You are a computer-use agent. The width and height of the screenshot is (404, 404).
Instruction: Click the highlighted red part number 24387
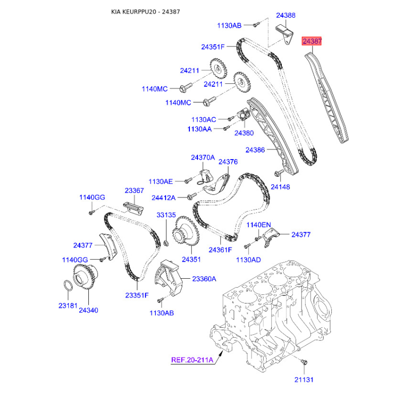click(312, 41)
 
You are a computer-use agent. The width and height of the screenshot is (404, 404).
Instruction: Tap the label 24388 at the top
click(286, 16)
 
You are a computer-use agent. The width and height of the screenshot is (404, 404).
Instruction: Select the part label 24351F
click(213, 47)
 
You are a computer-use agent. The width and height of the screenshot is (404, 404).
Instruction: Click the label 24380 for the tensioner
click(244, 133)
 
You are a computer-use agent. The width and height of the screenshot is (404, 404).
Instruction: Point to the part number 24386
click(255, 149)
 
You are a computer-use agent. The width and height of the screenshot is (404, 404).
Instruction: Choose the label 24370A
click(203, 158)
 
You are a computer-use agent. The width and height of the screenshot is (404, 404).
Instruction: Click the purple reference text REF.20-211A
click(192, 360)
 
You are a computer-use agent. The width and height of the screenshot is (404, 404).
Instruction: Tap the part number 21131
click(304, 380)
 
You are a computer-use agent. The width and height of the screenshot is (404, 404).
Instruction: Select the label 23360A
click(204, 279)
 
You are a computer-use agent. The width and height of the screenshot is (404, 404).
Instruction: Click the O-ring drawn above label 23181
click(68, 286)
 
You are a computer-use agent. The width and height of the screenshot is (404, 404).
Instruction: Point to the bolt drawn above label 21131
click(304, 362)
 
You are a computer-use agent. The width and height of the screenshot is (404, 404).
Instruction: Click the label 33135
click(166, 215)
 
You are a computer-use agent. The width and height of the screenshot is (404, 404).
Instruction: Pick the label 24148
click(280, 187)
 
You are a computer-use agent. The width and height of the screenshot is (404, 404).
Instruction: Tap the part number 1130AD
click(248, 260)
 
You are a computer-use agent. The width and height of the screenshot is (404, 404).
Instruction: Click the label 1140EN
click(259, 225)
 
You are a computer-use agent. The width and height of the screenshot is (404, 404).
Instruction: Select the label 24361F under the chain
click(220, 249)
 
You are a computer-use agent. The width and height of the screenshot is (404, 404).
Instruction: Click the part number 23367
click(134, 190)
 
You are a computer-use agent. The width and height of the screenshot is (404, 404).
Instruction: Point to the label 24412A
click(163, 197)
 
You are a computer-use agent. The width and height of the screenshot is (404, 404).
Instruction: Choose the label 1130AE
click(161, 181)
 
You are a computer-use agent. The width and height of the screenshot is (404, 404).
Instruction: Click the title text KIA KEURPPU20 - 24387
click(145, 12)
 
